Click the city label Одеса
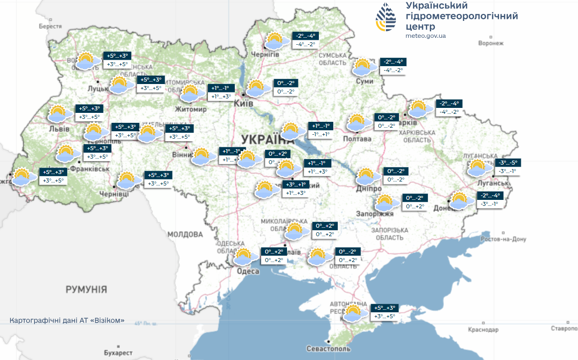tap(248, 271)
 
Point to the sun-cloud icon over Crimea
tap(353, 313)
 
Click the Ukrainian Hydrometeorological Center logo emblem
tap(387, 18)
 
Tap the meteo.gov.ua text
tap(425, 36)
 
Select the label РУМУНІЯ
tap(86, 289)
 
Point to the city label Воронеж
tap(490, 44)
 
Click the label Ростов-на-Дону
tap(503, 239)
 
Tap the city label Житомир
tap(191, 109)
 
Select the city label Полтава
tap(357, 139)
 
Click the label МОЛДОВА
tap(185, 234)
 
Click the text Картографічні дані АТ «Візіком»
tap(67, 320)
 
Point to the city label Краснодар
tap(482, 330)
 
